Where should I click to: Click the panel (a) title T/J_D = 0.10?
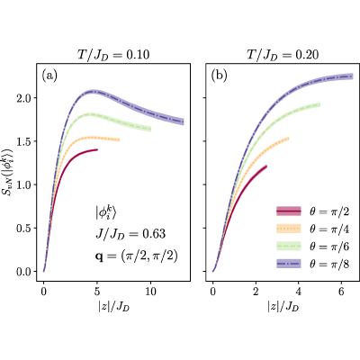[x=112, y=55]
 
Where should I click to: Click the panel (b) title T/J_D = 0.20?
[x=283, y=55]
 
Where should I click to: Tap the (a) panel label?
[x=49, y=76]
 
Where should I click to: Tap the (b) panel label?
[x=219, y=76]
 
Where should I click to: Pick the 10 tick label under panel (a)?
[x=150, y=292]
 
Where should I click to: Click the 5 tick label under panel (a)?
[x=97, y=292]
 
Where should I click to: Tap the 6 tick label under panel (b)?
[x=341, y=292]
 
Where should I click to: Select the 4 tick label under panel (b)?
[x=298, y=292]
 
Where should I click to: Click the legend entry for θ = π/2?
[x=312, y=211]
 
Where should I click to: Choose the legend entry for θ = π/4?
[x=312, y=229]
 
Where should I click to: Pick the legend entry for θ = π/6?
[x=312, y=247]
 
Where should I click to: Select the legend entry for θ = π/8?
[x=312, y=264]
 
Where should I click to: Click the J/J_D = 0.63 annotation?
[x=130, y=234]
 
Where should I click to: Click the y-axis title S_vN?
[x=8, y=172]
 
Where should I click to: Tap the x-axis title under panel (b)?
[x=283, y=307]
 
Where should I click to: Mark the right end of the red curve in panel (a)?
[x=97, y=149]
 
